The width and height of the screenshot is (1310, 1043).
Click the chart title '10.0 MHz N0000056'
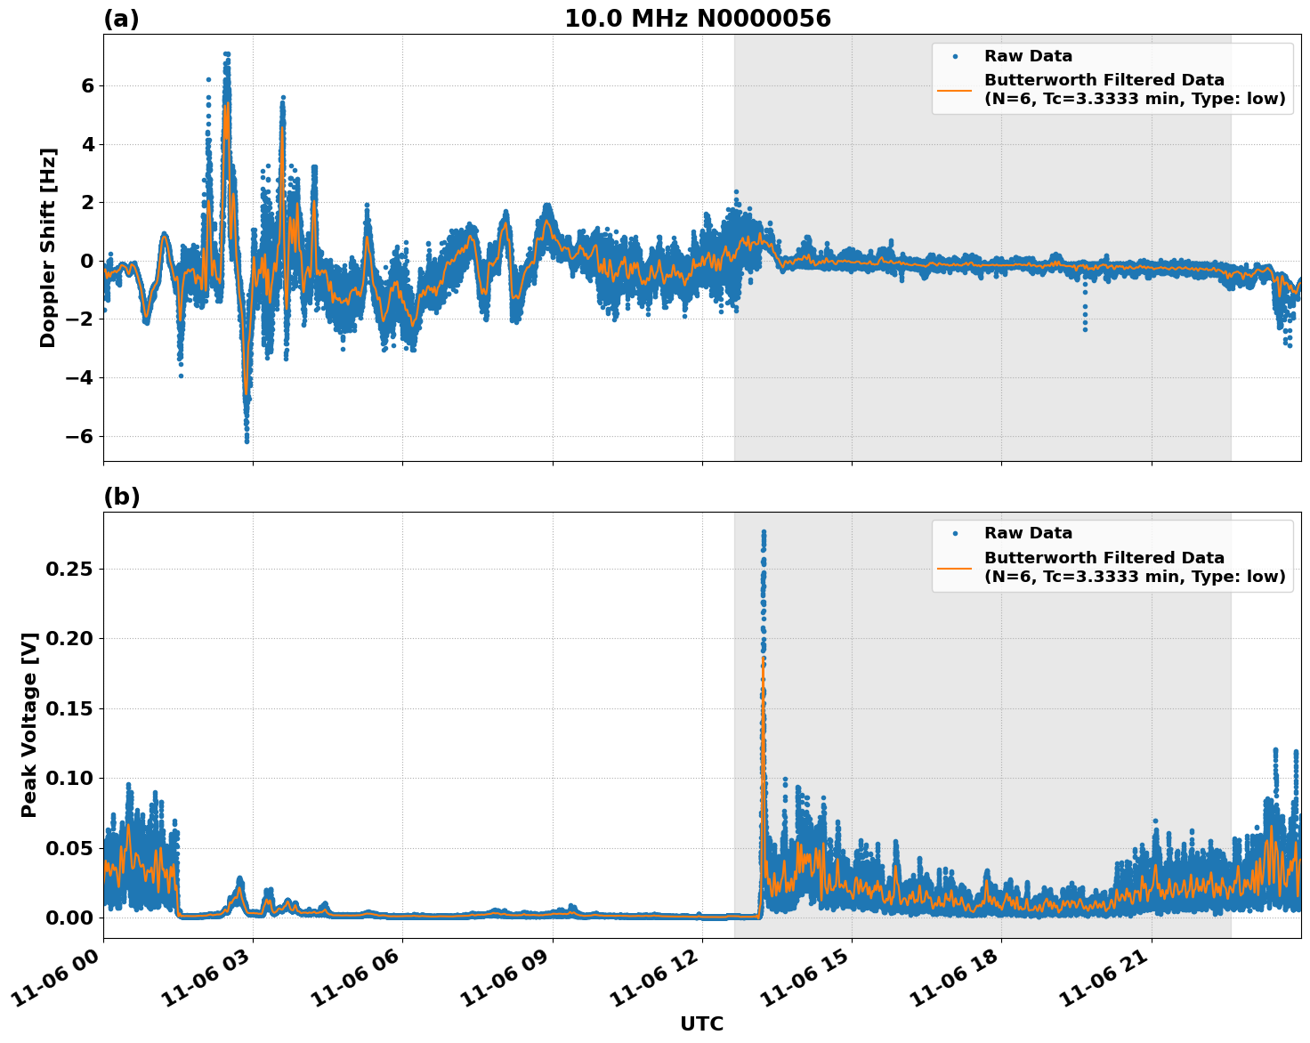(698, 19)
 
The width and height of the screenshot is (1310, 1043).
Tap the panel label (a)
(121, 19)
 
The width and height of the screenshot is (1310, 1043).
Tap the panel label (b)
(121, 497)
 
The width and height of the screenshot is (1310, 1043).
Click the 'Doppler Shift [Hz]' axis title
(48, 247)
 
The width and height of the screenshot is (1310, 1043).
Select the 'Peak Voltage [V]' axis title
(29, 724)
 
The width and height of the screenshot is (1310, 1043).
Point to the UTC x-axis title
(701, 1023)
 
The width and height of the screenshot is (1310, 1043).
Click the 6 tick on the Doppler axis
(87, 85)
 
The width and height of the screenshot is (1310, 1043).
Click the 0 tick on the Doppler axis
(87, 261)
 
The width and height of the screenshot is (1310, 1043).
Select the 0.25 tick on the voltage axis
(70, 569)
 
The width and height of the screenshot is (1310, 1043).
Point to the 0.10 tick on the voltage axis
(70, 778)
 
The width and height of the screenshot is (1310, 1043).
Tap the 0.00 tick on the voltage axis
(70, 918)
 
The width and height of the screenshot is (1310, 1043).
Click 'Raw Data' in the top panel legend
(1028, 56)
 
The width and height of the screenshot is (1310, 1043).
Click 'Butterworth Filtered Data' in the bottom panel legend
(1104, 558)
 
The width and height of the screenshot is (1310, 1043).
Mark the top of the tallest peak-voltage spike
(763, 532)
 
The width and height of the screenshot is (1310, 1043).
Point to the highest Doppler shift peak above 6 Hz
(227, 54)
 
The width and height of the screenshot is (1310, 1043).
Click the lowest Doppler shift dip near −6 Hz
(247, 440)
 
